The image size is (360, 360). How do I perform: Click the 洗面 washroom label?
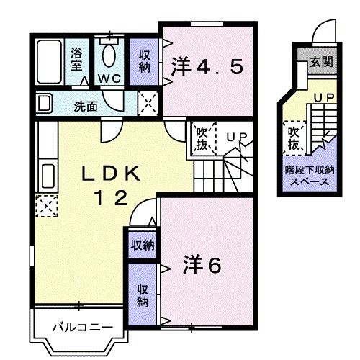click(86, 106)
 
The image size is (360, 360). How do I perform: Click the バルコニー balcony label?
click(76, 328)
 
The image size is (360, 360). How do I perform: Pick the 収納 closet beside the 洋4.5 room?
click(145, 60)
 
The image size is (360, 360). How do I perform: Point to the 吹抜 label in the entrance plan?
click(293, 138)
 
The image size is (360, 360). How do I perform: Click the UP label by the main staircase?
click(235, 136)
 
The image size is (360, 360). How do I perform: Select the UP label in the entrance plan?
click(322, 96)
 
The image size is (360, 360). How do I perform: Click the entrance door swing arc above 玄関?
click(324, 33)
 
